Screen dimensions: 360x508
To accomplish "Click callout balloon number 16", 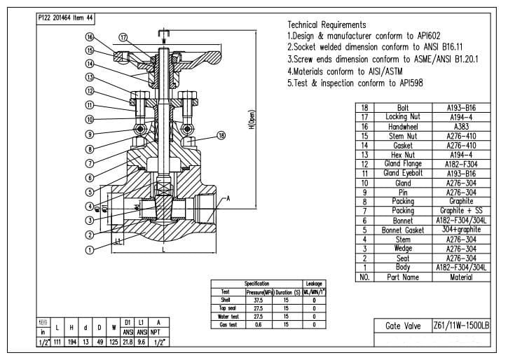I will click(90, 37).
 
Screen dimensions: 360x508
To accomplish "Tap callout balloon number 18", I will click(222, 135).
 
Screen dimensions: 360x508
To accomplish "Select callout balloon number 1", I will click(90, 249).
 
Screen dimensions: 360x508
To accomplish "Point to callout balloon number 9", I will click(90, 134).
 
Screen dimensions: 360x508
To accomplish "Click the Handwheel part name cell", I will click(403, 126).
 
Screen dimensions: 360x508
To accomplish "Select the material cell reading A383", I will click(460, 126).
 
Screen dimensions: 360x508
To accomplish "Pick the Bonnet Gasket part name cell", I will click(403, 230).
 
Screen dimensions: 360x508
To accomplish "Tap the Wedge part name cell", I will click(403, 249).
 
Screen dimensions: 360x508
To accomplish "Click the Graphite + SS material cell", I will click(460, 211).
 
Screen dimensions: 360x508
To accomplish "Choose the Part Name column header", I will click(403, 277).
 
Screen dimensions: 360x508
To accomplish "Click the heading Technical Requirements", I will click(327, 25).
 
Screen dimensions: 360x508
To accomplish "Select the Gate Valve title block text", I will click(403, 326).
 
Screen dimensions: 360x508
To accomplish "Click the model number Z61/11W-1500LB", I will click(461, 326).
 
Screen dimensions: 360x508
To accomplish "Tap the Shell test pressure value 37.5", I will click(258, 299).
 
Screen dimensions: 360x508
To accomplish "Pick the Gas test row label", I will click(226, 324).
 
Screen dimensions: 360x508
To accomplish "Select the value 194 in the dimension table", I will click(71, 342).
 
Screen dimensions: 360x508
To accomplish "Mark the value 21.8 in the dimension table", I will click(128, 342).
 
